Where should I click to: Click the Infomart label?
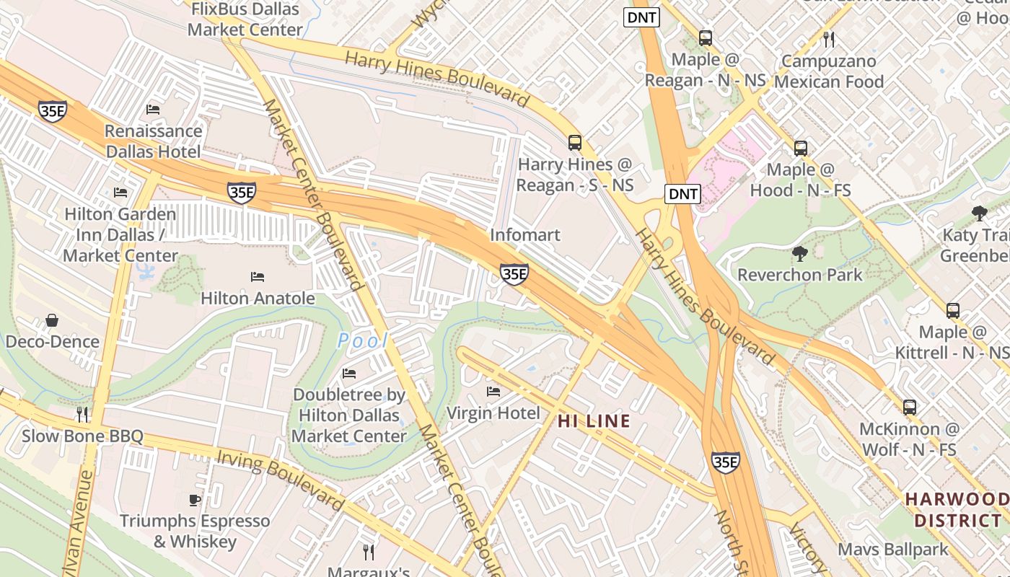(524, 235)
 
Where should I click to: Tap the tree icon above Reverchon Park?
(799, 253)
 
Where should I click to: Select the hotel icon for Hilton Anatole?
(258, 277)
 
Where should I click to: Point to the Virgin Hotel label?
(493, 413)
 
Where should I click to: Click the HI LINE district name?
(594, 421)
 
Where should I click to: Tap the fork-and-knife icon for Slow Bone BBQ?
(82, 414)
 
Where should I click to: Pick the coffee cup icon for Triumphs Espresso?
(194, 499)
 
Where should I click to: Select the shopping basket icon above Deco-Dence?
(52, 320)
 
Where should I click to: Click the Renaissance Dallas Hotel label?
(153, 141)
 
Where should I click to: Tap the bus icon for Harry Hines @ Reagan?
(574, 143)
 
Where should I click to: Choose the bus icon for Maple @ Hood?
(800, 149)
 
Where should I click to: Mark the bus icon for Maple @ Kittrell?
(952, 311)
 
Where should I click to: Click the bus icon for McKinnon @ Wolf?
(909, 407)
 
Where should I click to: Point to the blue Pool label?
(363, 340)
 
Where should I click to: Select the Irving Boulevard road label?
(278, 478)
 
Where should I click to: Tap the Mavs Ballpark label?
(893, 550)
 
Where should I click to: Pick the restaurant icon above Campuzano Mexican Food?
(828, 39)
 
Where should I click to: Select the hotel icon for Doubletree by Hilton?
(349, 374)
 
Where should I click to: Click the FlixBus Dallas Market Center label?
(245, 19)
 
